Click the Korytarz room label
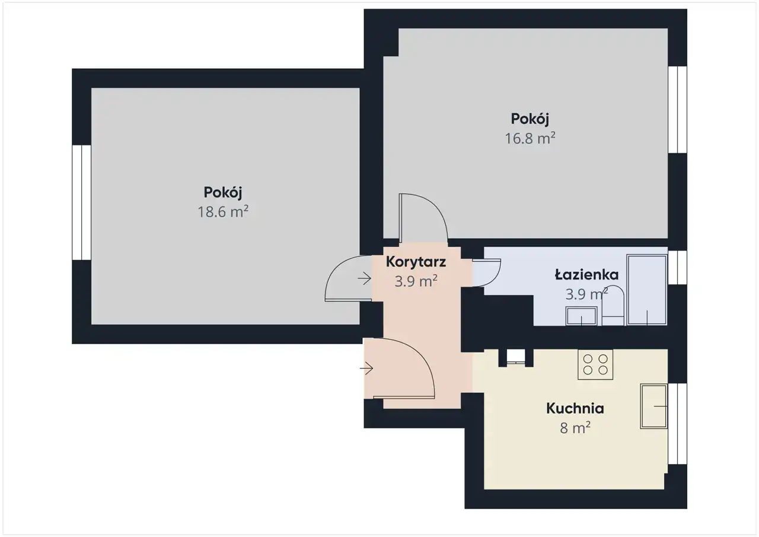(x=416, y=262)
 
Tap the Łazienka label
(x=586, y=274)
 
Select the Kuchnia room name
(x=575, y=408)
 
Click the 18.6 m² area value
(x=223, y=212)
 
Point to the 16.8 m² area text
(x=530, y=138)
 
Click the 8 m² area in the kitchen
(x=575, y=428)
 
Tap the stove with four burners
(x=595, y=364)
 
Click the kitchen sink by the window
(x=653, y=406)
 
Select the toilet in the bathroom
(x=613, y=306)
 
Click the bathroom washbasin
(x=581, y=316)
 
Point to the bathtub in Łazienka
(x=647, y=290)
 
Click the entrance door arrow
(x=366, y=368)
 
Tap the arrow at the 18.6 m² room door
(x=364, y=279)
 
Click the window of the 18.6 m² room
(x=82, y=203)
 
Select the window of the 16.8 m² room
(x=677, y=110)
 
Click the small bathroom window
(x=677, y=268)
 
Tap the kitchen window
(x=677, y=424)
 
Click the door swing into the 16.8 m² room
(x=438, y=209)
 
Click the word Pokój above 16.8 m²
(x=530, y=119)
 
